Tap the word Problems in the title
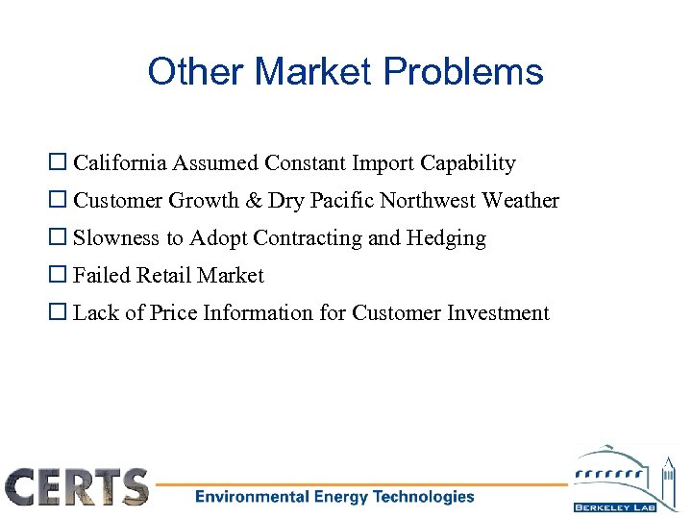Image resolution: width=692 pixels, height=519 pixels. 463,72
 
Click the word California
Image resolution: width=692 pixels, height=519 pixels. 121,163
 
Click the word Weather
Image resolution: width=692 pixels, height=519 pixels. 520,201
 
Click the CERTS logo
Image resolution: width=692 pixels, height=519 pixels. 77,486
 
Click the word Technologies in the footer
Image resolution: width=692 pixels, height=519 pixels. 424,497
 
